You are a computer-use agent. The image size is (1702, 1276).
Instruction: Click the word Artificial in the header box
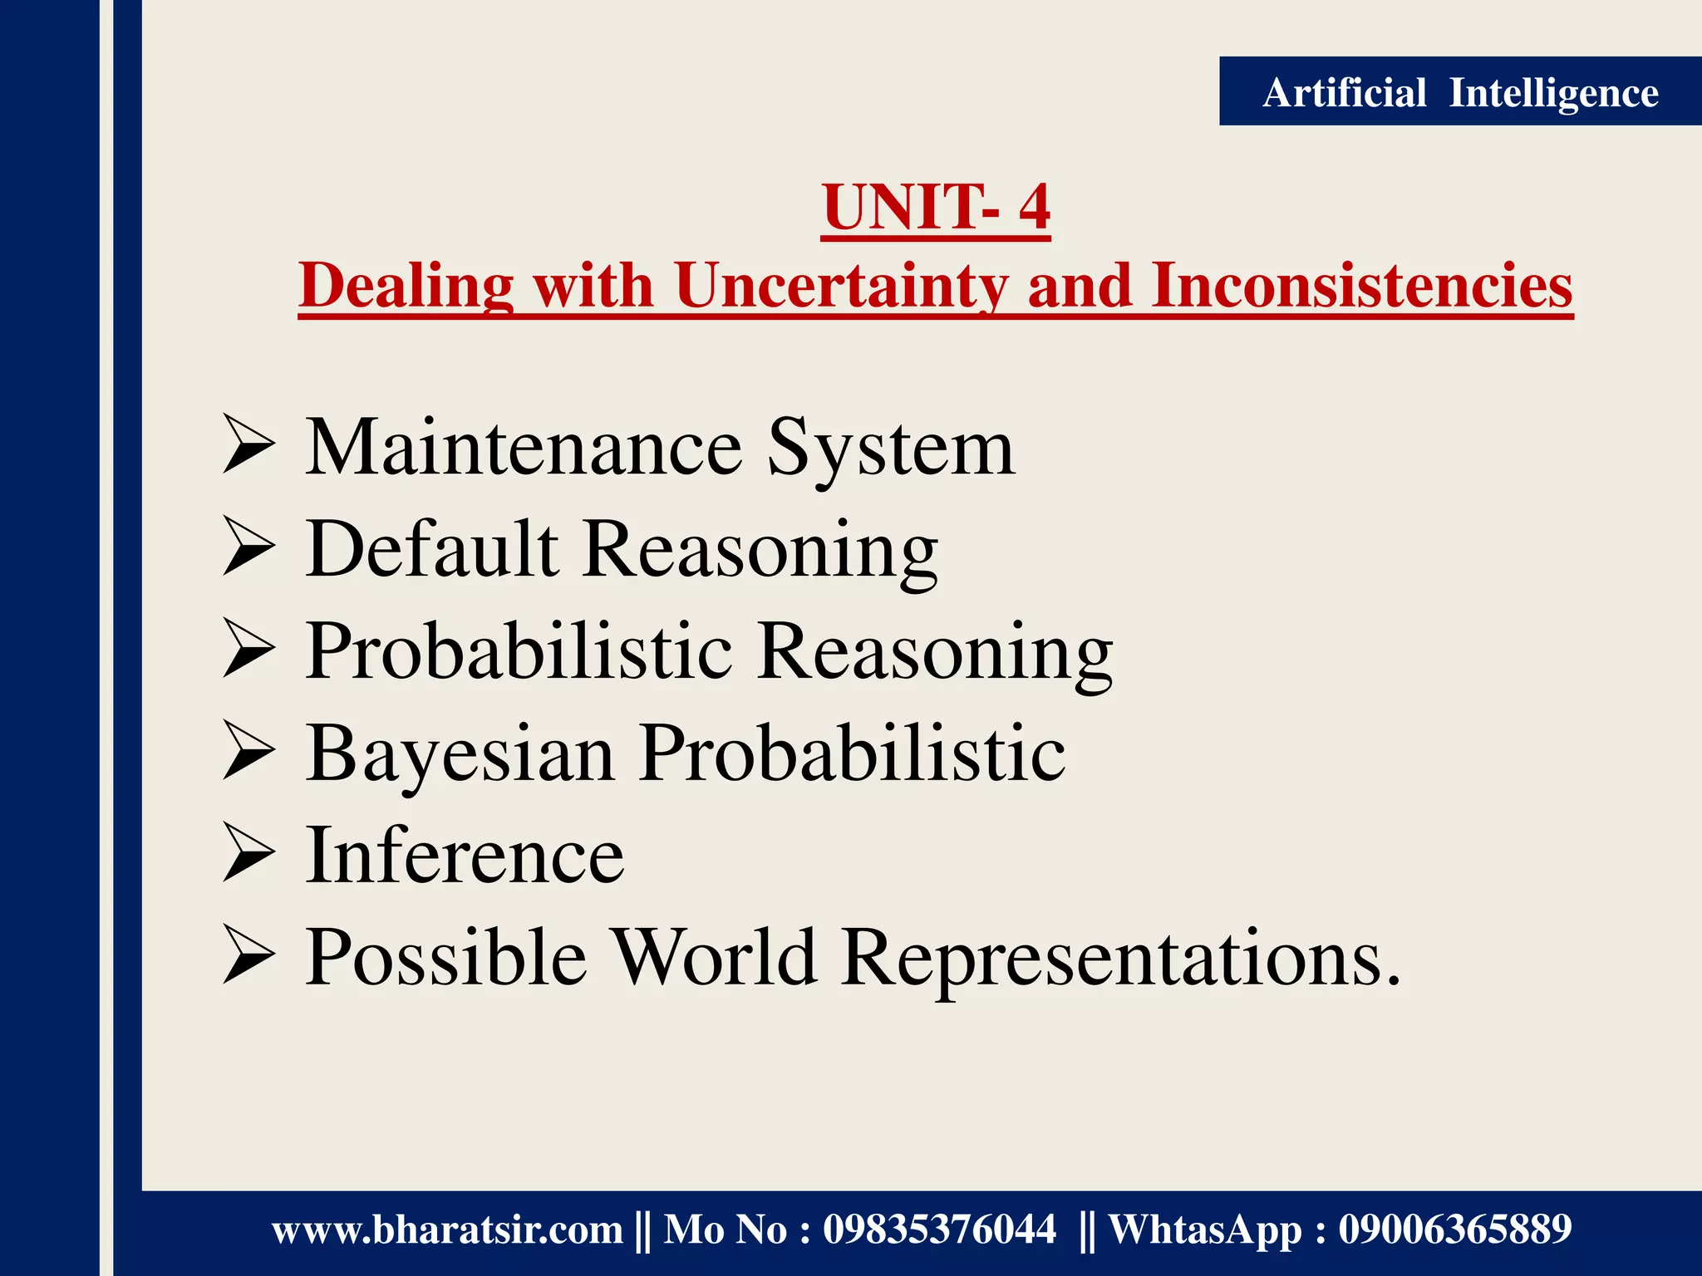1344,92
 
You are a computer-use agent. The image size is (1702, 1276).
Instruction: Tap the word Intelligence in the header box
1553,92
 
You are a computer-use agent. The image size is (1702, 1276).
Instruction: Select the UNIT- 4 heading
936,207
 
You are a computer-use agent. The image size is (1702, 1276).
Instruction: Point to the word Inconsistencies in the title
1362,285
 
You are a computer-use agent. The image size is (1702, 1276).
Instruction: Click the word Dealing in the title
406,285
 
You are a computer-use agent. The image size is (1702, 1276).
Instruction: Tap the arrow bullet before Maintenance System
248,448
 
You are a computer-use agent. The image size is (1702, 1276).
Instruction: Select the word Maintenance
524,448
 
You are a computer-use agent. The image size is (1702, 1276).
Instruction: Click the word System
890,448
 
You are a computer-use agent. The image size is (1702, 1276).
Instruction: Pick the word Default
431,549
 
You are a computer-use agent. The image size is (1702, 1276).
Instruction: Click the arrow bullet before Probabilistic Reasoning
248,651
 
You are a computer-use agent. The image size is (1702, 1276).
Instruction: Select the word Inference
465,856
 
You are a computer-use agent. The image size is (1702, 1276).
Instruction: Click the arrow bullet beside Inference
248,856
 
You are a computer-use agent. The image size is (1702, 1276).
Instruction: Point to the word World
715,957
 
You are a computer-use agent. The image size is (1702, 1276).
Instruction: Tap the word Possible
445,957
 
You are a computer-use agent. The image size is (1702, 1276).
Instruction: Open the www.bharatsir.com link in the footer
447,1229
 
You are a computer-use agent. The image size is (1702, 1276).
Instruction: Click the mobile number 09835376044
939,1229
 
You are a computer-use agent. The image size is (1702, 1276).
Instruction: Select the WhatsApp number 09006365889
1454,1229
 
